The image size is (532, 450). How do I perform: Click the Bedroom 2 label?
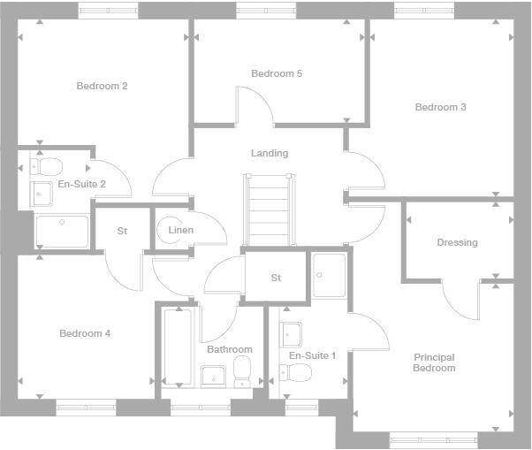click(x=102, y=86)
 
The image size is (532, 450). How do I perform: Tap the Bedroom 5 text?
click(x=277, y=73)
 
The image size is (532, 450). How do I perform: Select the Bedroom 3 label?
click(x=440, y=107)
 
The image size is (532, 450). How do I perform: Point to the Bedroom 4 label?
click(x=85, y=333)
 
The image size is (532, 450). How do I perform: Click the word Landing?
click(x=270, y=153)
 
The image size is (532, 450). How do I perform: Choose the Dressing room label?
click(x=457, y=242)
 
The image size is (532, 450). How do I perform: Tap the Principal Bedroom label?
click(x=434, y=362)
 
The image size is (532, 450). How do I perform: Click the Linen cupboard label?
click(x=181, y=231)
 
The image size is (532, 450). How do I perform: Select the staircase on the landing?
click(x=268, y=209)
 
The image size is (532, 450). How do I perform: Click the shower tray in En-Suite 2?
click(x=62, y=231)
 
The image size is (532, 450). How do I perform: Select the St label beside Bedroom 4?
click(x=122, y=231)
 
